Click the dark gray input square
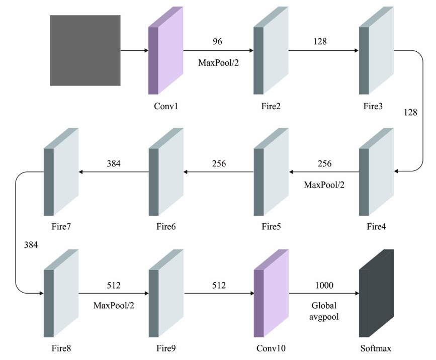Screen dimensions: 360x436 (85, 50)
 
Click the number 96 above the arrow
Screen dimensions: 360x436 (218, 42)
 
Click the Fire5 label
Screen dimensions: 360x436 (271, 227)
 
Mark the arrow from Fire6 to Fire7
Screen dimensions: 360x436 (113, 172)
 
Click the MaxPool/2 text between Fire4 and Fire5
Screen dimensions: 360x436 (324, 185)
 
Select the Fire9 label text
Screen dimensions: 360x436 (165, 348)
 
